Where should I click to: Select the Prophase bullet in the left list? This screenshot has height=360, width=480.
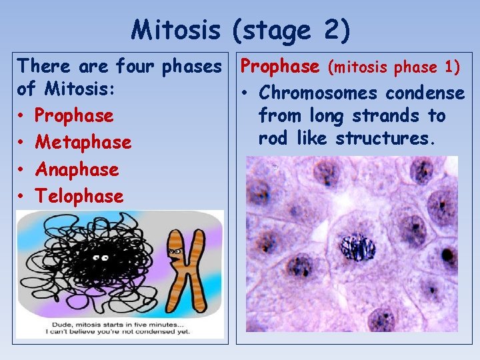click(x=74, y=116)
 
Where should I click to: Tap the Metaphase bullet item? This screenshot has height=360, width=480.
click(x=83, y=143)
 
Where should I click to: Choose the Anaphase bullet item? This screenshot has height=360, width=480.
click(x=77, y=169)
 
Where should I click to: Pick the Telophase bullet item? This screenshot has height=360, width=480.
click(x=79, y=196)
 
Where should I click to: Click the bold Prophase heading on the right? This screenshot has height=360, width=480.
click(x=279, y=66)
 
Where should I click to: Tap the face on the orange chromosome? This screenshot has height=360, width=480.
click(x=175, y=252)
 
